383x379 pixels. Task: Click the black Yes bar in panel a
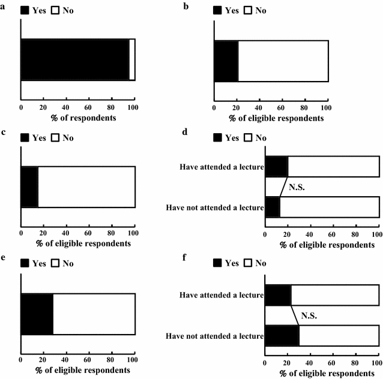[75, 59]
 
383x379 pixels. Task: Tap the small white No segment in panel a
[132, 59]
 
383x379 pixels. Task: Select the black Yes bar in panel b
[226, 61]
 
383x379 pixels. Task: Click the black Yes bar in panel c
[29, 187]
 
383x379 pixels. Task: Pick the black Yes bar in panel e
[37, 314]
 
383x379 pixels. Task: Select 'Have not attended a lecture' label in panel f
[216, 335]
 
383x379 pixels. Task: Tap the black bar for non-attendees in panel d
[272, 207]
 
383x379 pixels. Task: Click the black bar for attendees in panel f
[277, 295]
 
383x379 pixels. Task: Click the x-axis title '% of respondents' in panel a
[77, 117]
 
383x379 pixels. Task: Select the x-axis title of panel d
[321, 244]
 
